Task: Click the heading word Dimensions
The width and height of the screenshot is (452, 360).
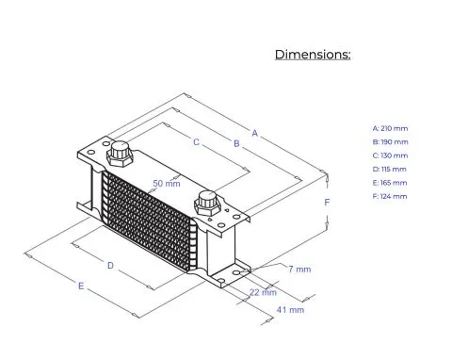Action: pyautogui.click(x=313, y=55)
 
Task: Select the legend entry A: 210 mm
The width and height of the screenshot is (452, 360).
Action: pyautogui.click(x=390, y=128)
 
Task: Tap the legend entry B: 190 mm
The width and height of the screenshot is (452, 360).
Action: pyautogui.click(x=390, y=142)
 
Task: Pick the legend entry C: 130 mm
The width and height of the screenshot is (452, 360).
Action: pyautogui.click(x=390, y=155)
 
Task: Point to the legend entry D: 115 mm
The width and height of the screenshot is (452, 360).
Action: pyautogui.click(x=389, y=169)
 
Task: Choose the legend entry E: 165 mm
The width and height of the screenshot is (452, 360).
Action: pyautogui.click(x=390, y=183)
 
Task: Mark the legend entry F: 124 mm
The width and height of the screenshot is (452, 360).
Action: pyautogui.click(x=390, y=196)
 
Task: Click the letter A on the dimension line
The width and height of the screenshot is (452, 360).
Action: pyautogui.click(x=254, y=133)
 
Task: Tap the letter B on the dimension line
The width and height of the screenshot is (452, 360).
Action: pyautogui.click(x=236, y=143)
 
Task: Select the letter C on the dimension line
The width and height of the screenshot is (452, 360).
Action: pyautogui.click(x=196, y=142)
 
